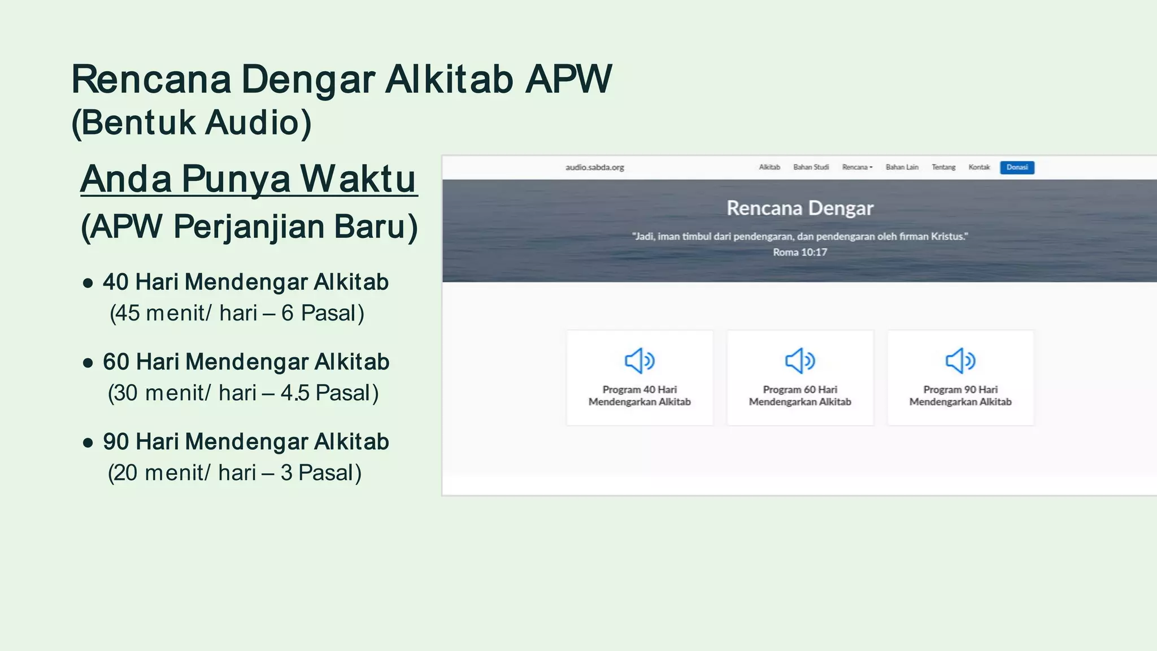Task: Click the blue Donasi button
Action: pos(1017,167)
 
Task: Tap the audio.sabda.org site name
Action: pos(594,167)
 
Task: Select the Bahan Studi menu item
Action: pos(811,167)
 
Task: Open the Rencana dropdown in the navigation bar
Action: pos(857,167)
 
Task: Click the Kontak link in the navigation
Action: pos(979,167)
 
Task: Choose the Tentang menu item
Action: pos(943,167)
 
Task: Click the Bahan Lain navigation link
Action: pos(902,167)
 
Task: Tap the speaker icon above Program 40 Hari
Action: pos(640,361)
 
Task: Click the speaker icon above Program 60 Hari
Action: pos(800,361)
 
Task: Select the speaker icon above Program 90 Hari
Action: pos(960,361)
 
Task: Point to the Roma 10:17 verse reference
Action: pos(800,252)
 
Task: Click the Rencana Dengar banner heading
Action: pos(800,208)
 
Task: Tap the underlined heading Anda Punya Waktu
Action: pos(249,179)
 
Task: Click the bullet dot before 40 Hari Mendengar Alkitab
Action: pos(88,283)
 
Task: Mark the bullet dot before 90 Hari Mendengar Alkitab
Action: pos(88,443)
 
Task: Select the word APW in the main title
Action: pos(568,79)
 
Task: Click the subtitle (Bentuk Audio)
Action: pos(192,123)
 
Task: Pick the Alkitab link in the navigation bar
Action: pos(769,167)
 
